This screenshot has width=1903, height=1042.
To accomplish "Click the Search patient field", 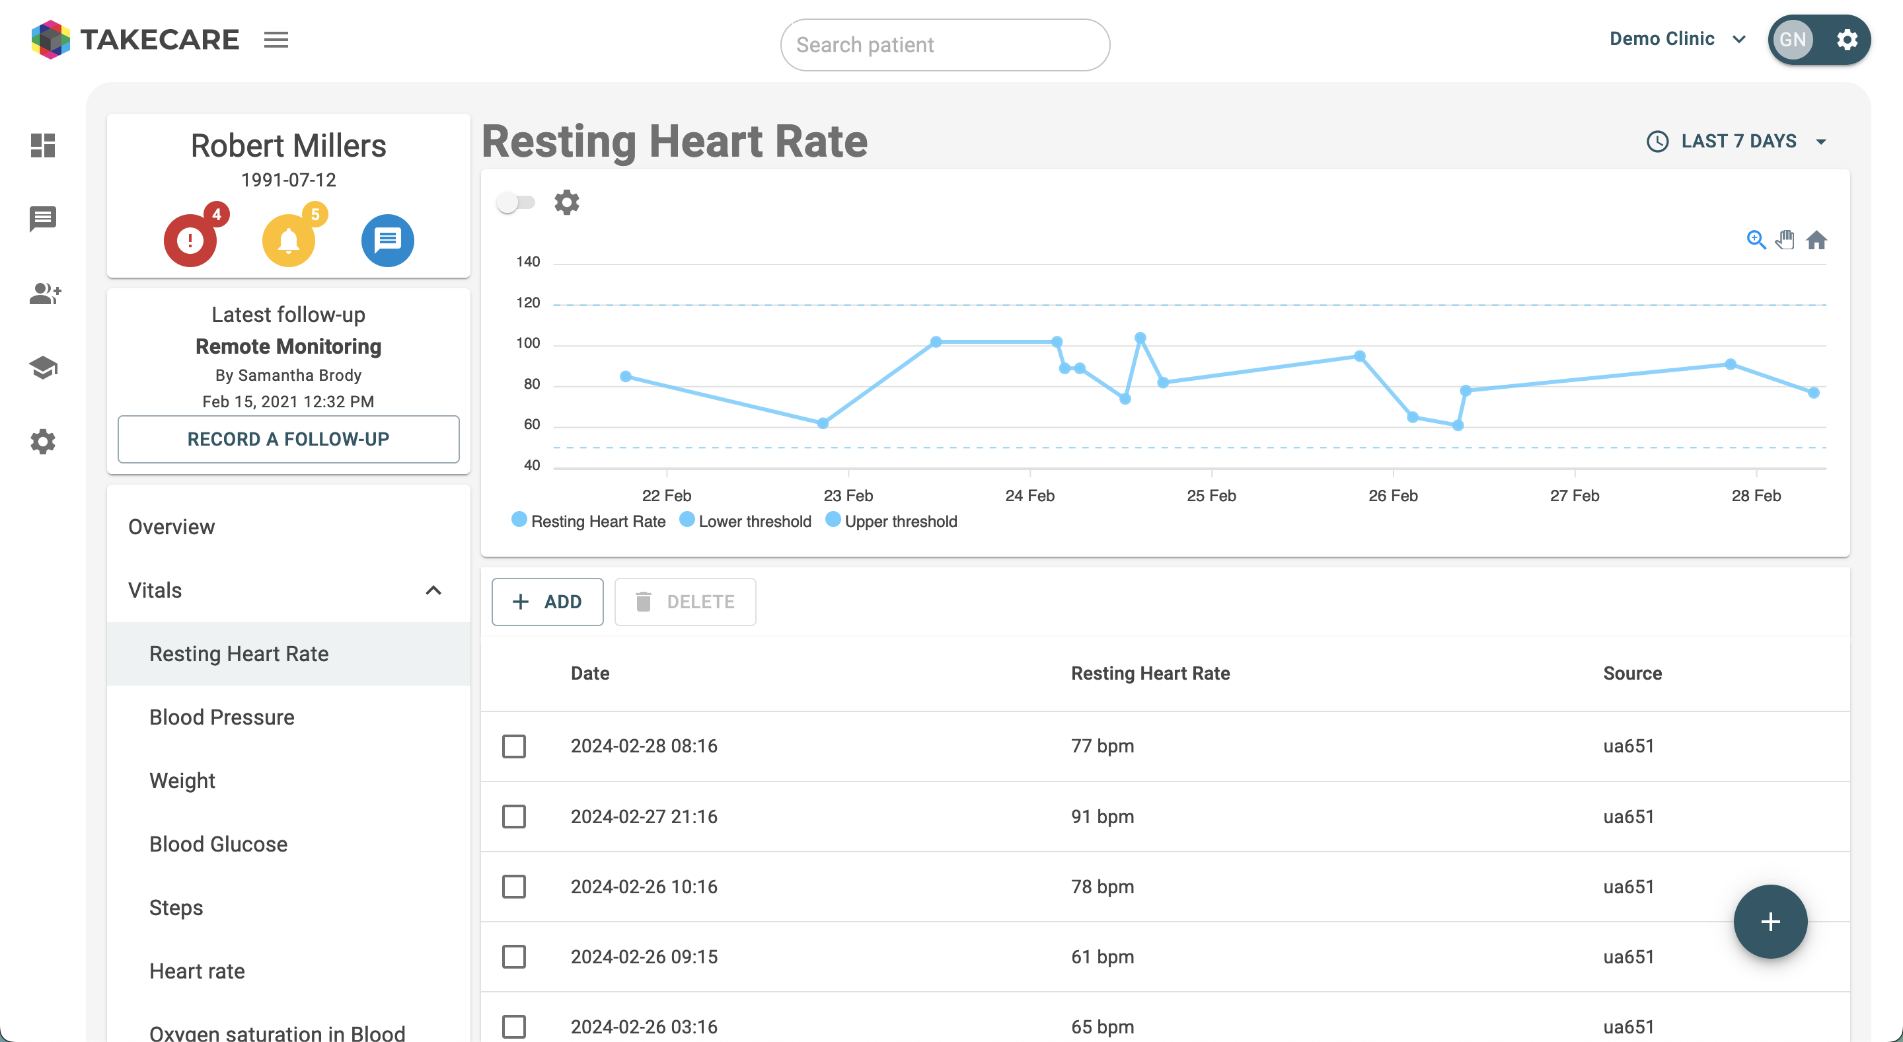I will (944, 45).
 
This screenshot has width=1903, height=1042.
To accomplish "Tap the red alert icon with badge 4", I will (190, 240).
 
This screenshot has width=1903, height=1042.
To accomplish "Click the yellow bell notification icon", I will (289, 240).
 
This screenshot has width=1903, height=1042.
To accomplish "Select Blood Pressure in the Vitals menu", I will (221, 717).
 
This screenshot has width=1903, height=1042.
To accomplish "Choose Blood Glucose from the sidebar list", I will (218, 844).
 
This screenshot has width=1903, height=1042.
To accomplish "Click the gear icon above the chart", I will (567, 202).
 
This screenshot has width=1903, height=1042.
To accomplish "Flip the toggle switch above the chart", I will (515, 202).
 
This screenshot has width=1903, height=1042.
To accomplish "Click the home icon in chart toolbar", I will (1816, 240).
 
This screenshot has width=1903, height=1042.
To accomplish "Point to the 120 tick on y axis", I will (528, 302).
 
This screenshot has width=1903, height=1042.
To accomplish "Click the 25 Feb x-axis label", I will (1211, 495).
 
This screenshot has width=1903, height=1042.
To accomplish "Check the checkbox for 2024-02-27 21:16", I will (514, 817).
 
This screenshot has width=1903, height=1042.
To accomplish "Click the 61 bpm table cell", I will (1102, 956).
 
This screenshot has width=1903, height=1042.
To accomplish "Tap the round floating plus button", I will (1770, 922).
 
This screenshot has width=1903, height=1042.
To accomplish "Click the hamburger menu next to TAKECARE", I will (276, 39).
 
